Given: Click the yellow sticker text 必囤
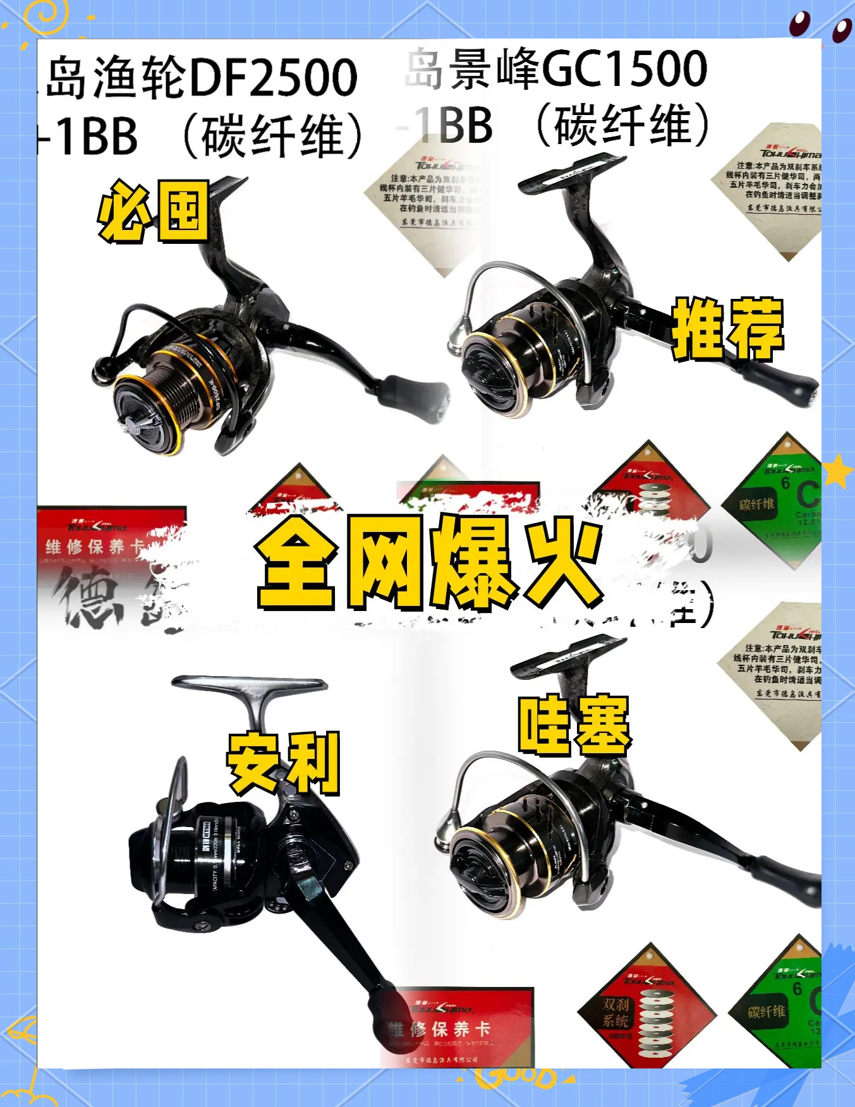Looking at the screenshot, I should click(x=153, y=211).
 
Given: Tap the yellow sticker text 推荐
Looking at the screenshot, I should click(x=727, y=329).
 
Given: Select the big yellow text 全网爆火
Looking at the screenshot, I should click(x=428, y=562).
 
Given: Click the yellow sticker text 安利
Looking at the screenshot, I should click(x=283, y=763).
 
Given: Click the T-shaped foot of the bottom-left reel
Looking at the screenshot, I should click(x=250, y=686).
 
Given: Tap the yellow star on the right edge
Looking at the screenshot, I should click(x=838, y=471).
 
